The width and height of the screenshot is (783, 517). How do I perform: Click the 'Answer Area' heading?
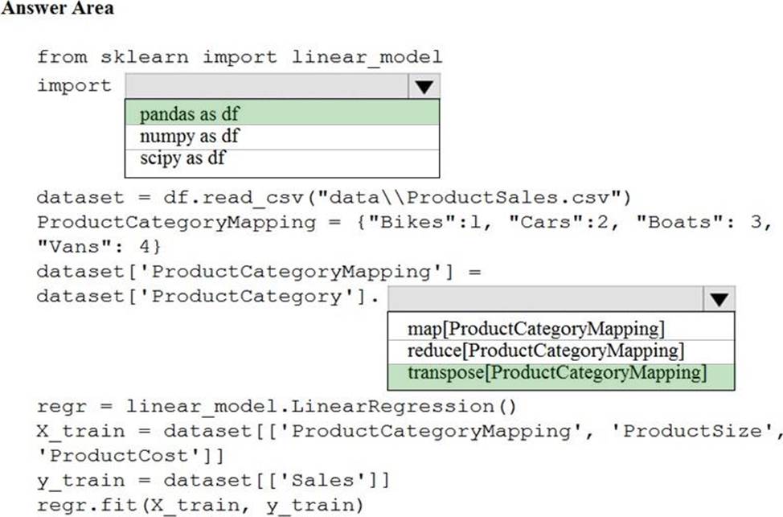tap(57, 7)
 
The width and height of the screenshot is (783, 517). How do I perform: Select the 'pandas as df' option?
tap(189, 114)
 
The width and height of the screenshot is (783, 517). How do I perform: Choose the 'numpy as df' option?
tap(189, 136)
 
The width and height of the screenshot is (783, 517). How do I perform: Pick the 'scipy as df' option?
tap(182, 158)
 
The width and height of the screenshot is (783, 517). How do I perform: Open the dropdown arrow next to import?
tap(424, 86)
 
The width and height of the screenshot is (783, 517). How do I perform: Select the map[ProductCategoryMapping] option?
tap(536, 329)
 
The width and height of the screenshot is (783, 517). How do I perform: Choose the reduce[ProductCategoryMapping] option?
tap(546, 351)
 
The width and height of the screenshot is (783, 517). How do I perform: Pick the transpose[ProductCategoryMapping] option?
tap(557, 372)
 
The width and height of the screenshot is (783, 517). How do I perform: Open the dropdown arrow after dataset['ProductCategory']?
tap(719, 299)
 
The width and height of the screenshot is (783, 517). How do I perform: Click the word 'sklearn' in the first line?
tap(145, 57)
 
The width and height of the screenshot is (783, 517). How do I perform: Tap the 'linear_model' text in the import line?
tap(367, 57)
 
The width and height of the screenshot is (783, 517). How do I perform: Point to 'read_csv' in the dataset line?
tap(252, 198)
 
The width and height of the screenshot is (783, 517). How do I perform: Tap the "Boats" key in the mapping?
tap(680, 222)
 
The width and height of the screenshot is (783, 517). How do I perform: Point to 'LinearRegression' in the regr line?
tap(392, 407)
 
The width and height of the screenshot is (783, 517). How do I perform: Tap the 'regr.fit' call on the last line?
tap(88, 505)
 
